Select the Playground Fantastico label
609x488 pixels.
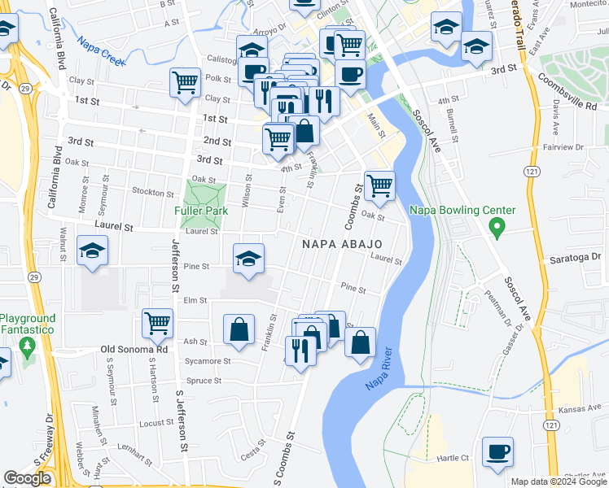coord(28,324)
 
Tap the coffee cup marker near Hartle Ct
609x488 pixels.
coord(497,452)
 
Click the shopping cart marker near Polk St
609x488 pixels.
coord(186,82)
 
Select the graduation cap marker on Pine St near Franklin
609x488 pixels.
coord(248,259)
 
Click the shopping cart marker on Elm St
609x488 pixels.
coord(157,322)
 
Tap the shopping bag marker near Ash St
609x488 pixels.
coord(239,329)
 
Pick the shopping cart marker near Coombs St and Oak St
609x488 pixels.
coord(379,185)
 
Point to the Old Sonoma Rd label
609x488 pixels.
coord(134,349)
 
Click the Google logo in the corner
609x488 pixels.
coord(27,478)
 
